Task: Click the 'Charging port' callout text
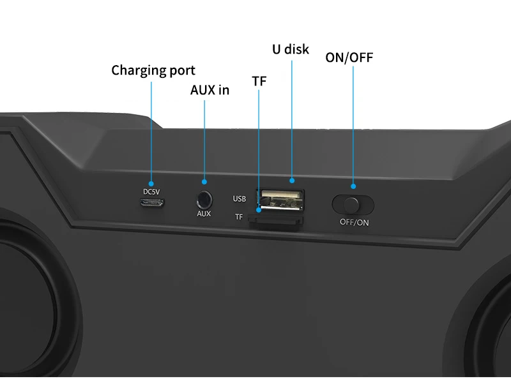point(153,70)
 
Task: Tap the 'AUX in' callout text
point(210,90)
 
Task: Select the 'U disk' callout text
point(290,49)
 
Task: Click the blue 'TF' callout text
point(259,81)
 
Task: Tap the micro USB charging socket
point(153,204)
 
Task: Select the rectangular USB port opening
point(280,200)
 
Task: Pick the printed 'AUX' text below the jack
point(204,214)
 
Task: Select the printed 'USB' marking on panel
point(240,199)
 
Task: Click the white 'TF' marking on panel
point(239,217)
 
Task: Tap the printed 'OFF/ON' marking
point(354,223)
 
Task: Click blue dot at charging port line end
point(152,182)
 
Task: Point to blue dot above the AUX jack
point(204,182)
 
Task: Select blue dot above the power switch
point(353,186)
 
